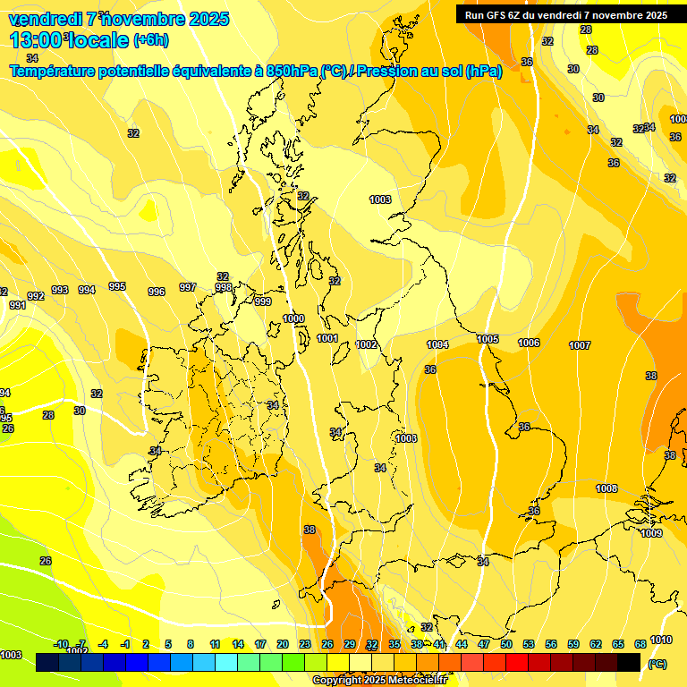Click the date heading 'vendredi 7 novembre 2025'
pyautogui.click(x=119, y=19)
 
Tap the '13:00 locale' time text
pyautogui.click(x=69, y=39)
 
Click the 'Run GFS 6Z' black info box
pyautogui.click(x=566, y=14)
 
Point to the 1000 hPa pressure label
pyautogui.click(x=293, y=318)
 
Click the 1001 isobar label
pyautogui.click(x=327, y=339)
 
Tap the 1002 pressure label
pyautogui.click(x=366, y=344)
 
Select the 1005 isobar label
pyautogui.click(x=488, y=339)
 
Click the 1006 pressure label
pyautogui.click(x=529, y=343)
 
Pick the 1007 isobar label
pyautogui.click(x=580, y=345)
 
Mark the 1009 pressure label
pyautogui.click(x=651, y=533)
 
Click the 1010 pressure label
pyautogui.click(x=661, y=640)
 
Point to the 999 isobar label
pyautogui.click(x=263, y=302)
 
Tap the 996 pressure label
pyautogui.click(x=157, y=292)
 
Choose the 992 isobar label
pyautogui.click(x=36, y=296)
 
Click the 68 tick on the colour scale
pyautogui.click(x=640, y=644)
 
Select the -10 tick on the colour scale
pyautogui.click(x=62, y=644)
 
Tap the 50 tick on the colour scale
pyautogui.click(x=506, y=644)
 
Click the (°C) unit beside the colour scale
pyautogui.click(x=657, y=664)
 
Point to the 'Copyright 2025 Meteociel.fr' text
pyautogui.click(x=380, y=680)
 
